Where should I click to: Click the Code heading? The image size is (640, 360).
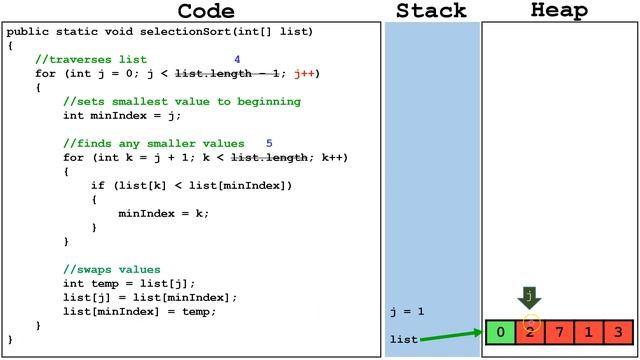point(206,11)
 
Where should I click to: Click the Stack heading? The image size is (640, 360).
point(431,11)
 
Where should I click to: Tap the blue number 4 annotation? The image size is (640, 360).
point(237,60)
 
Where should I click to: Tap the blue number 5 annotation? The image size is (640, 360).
point(269,144)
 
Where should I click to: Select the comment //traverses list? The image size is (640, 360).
point(91,60)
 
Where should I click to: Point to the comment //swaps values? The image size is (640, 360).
point(111,270)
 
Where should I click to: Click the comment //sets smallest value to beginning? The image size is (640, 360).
point(181,102)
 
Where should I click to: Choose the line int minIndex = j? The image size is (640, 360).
point(118,116)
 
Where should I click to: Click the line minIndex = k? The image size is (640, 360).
point(163,213)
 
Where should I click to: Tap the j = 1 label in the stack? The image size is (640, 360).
point(407,312)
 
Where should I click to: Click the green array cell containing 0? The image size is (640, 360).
point(499,332)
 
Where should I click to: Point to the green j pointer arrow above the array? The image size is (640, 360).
point(529,298)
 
